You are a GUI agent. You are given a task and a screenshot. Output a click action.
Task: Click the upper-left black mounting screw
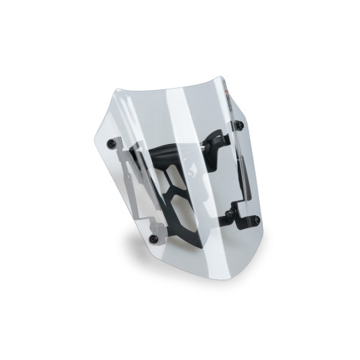[111, 144]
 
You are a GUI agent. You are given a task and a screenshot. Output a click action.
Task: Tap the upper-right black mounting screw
[239, 125]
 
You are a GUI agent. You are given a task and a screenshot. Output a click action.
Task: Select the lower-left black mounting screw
[153, 238]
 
